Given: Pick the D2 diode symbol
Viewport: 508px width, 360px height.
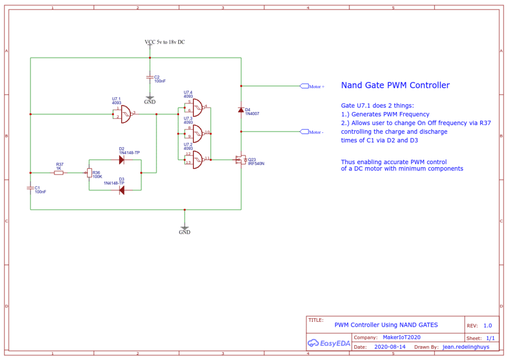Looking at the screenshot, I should (121, 160).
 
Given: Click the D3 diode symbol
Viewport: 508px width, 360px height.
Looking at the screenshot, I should (121, 190).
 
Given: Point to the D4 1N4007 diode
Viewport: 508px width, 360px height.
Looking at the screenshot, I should (241, 110).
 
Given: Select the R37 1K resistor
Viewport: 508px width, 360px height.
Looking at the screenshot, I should (59, 173).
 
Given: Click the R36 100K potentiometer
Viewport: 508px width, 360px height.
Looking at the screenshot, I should (89, 173).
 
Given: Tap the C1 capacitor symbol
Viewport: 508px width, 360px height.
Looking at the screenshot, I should (31, 187).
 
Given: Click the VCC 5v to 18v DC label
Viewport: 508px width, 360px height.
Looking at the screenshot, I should (165, 43).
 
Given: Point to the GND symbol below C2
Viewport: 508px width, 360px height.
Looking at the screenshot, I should (150, 101).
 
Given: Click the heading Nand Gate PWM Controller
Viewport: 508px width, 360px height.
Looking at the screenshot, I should (395, 85).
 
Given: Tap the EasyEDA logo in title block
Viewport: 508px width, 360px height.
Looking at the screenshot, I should (329, 343).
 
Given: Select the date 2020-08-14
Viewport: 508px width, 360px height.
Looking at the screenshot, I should (389, 347).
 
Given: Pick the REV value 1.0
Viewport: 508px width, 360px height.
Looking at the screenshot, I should (488, 326).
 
